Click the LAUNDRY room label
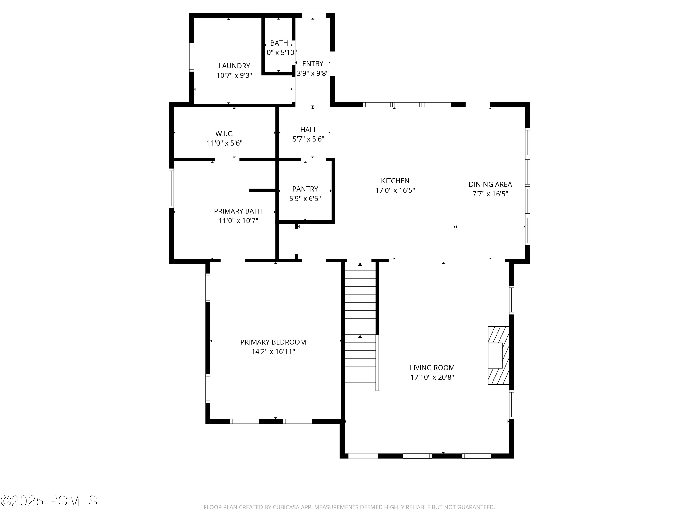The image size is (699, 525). coord(234,66)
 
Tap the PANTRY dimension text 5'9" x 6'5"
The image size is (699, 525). coord(305,199)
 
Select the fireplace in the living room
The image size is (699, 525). coord(498,355)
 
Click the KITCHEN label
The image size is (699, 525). coord(395,181)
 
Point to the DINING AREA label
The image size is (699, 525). coord(490,185)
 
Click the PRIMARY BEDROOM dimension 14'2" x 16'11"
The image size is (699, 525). coord(273,352)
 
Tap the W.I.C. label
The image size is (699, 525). coord(224,134)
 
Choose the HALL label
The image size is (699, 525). coord(308,130)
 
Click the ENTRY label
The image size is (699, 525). coord(312,64)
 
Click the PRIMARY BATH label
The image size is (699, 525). coord(238,211)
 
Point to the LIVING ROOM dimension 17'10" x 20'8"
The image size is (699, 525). coord(432,377)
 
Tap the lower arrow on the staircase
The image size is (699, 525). coord(360,337)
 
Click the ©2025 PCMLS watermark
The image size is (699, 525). coord(49,501)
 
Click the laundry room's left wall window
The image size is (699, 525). coord(192,57)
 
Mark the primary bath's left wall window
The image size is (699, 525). coord(171,188)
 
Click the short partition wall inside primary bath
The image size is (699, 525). coord(262,190)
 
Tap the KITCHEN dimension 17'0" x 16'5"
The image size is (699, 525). coord(395,190)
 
